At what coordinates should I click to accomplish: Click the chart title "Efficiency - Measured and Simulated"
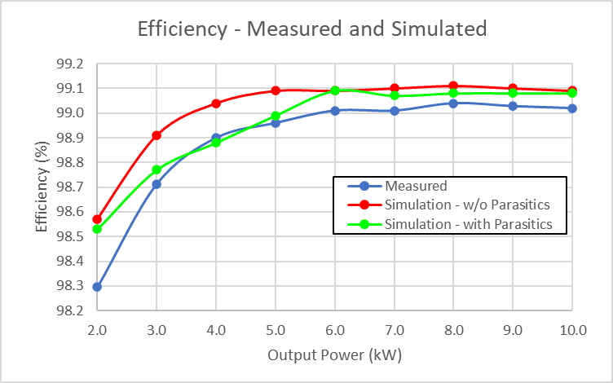pos(312,29)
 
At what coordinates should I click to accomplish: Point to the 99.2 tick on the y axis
pos(70,64)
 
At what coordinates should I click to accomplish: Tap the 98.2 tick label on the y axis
pos(70,311)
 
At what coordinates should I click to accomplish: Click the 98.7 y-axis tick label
pos(70,187)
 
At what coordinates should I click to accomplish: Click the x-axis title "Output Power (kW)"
pos(334,355)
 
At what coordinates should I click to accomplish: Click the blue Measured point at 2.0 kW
pos(97,287)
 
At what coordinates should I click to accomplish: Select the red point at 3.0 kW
pos(157,135)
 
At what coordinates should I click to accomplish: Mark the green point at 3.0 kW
pos(157,169)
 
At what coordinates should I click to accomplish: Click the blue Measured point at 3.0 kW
pos(157,184)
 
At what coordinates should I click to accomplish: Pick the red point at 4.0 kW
pos(216,103)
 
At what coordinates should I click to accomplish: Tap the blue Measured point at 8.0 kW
pos(453,103)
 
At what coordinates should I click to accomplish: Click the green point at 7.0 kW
pos(394,95)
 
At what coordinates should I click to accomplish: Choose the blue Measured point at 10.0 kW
pos(572,108)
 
